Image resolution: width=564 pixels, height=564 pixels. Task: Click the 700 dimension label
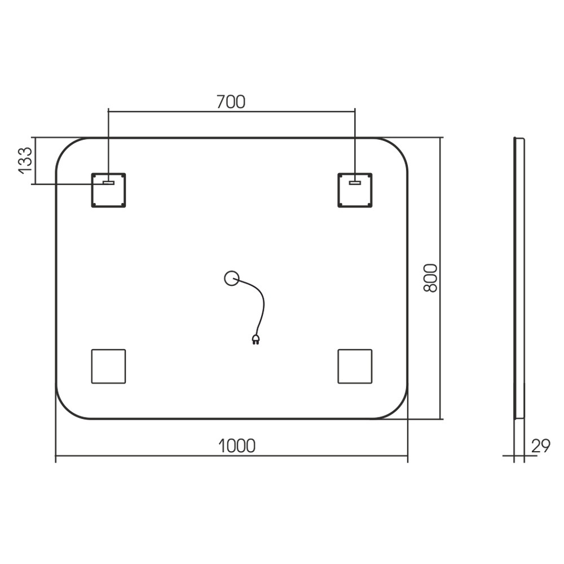(231, 102)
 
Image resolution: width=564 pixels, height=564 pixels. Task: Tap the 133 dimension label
(25, 161)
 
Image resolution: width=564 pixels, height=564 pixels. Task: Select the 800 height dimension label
(430, 278)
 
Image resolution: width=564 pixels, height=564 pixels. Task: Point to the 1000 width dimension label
(237, 446)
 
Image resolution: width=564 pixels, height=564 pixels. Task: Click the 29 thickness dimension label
(541, 446)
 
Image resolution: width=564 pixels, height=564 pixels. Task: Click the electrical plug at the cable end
(255, 340)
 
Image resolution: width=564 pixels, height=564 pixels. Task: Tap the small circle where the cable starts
(232, 278)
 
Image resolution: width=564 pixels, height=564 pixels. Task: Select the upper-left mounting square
(108, 190)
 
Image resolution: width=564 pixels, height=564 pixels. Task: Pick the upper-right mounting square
(355, 190)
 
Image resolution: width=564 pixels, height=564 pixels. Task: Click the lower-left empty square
(108, 366)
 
